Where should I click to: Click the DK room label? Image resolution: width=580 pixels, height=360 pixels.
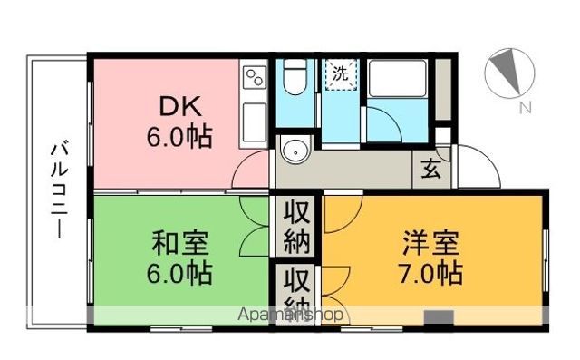point(179,109)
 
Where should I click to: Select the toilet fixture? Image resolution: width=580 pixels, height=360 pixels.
point(292,81)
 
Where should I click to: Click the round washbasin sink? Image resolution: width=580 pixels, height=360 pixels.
point(294,151)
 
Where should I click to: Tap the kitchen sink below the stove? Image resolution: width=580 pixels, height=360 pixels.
point(254,119)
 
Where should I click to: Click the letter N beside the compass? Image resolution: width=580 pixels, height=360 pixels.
point(524,110)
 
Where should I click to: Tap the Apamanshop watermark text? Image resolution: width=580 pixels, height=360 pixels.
point(290,315)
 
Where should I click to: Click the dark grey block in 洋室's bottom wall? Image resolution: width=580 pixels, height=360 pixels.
point(440,317)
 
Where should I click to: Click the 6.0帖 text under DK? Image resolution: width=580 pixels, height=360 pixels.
point(179,138)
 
